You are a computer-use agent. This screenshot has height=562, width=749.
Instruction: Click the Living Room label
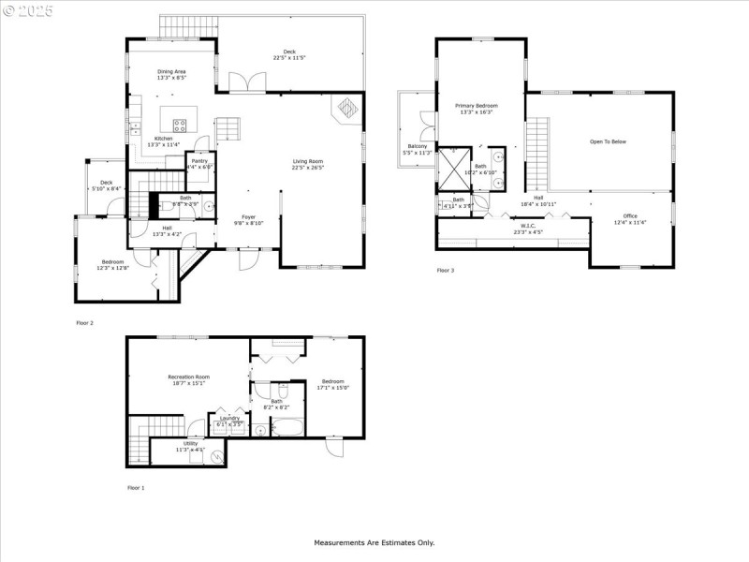pos(308,161)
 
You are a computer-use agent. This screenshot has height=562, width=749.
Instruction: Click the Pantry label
pos(199,161)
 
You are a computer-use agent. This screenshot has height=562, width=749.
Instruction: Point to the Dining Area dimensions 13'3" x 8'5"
pos(171,78)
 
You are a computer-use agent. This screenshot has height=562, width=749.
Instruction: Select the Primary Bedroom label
pos(477,106)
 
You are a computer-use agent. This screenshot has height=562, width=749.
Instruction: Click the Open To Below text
pos(608,141)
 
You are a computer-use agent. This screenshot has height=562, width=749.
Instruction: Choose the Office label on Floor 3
pos(630,215)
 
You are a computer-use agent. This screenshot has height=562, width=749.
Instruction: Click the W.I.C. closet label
pos(528,226)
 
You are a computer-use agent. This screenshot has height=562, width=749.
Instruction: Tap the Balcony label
pos(417,146)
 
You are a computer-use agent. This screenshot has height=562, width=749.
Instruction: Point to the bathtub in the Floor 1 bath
pos(286,429)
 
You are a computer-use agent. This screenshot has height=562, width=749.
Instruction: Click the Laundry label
pos(230,418)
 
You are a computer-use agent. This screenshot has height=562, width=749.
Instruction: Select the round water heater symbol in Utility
pos(217,457)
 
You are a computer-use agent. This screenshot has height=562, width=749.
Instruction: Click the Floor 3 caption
pos(446,271)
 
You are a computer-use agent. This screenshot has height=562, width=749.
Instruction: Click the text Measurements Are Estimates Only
pos(374,542)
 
